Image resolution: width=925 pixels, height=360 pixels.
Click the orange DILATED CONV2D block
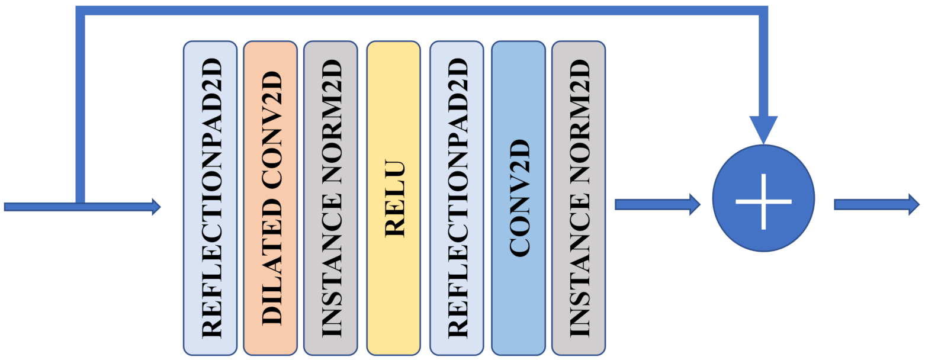coord(269,198)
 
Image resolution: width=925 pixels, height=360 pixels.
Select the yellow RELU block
coord(393,198)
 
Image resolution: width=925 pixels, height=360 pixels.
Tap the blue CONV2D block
coord(518,198)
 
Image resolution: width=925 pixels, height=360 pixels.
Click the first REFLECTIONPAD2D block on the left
coord(210,198)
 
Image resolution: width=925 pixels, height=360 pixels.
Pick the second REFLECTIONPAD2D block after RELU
coord(457,198)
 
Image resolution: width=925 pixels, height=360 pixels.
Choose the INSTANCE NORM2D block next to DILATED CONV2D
coord(330,198)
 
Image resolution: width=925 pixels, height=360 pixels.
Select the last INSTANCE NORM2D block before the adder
coord(579,198)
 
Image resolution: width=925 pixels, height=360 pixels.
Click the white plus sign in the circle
coord(763,201)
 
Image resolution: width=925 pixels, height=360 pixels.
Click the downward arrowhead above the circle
coord(763,129)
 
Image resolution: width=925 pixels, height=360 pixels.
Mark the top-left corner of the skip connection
coord(81,11)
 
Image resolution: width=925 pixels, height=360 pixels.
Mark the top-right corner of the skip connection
coord(763,11)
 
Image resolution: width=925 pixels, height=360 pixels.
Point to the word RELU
coord(394,198)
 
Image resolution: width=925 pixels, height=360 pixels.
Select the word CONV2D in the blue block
coord(519,198)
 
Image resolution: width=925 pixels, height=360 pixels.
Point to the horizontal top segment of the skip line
coord(415,11)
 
